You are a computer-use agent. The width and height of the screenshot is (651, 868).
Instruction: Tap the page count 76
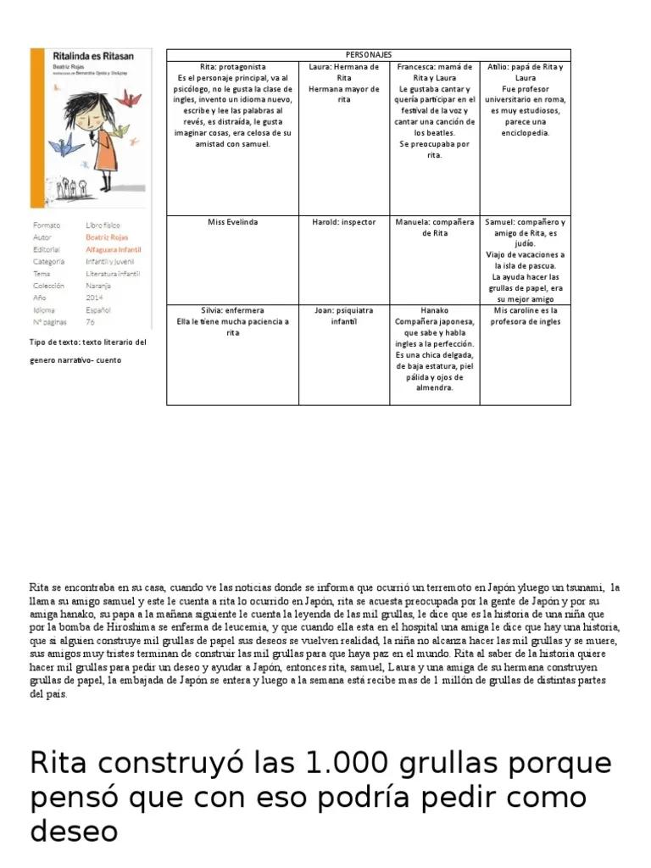point(90,322)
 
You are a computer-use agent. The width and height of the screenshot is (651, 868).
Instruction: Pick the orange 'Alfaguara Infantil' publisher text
point(113,250)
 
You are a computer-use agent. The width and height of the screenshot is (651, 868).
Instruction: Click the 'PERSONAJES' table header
point(368,54)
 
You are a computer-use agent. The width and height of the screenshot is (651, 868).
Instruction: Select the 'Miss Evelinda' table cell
point(232,222)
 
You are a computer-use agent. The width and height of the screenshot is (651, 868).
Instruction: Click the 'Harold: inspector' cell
point(343,222)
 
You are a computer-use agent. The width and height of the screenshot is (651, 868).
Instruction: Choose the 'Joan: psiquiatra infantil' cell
point(343,316)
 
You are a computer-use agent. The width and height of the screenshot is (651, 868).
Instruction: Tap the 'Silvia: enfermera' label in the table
point(232,310)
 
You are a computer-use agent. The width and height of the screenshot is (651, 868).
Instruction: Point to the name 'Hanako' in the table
point(434,310)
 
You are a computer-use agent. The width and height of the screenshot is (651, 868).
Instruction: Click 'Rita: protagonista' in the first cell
point(232,66)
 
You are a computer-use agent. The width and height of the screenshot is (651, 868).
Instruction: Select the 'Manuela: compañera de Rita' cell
point(434,227)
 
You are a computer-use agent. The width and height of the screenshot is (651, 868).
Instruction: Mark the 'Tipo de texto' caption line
point(88,342)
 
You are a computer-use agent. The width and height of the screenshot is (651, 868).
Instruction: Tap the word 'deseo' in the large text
point(73,831)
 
